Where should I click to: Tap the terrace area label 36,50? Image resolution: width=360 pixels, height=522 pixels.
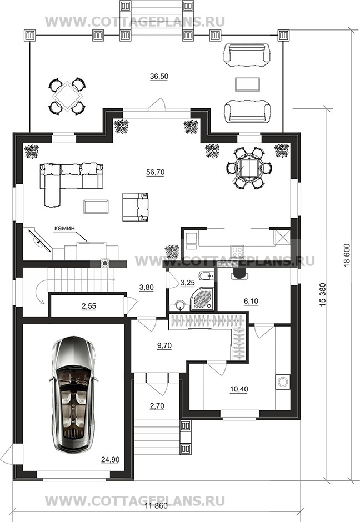[159, 76]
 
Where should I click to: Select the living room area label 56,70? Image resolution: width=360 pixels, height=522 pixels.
[155, 172]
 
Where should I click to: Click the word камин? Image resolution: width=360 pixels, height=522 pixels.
[64, 228]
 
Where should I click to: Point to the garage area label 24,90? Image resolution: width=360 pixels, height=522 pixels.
[110, 460]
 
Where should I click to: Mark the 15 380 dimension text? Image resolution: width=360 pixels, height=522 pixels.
[322, 295]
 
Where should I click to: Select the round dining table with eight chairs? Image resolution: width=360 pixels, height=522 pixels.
[249, 168]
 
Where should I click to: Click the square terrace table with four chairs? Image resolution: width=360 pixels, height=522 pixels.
[68, 96]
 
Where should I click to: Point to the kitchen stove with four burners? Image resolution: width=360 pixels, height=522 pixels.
[237, 250]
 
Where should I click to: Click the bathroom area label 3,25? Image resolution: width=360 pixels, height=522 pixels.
[187, 283]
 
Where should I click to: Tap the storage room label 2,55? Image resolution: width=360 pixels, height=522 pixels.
[88, 306]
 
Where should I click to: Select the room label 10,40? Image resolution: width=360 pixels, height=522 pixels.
[239, 389]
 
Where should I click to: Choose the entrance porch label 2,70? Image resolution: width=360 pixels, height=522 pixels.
[157, 406]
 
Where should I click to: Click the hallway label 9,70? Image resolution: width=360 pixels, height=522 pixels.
[164, 345]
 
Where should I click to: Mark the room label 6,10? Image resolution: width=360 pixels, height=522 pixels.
[251, 302]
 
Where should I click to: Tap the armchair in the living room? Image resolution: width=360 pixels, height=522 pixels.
[135, 207]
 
